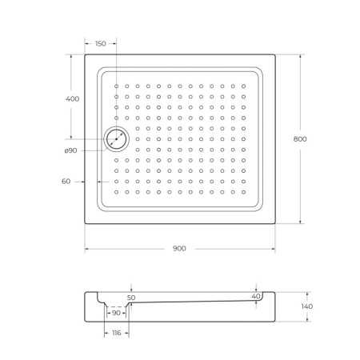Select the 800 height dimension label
tap(300, 139)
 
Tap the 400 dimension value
tap(72, 98)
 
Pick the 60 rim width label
tap(67, 182)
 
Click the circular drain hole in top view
tap(117, 139)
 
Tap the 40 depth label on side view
tap(256, 296)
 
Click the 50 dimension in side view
tap(131, 298)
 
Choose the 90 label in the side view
tap(116, 313)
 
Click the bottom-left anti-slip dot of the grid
tap(117, 191)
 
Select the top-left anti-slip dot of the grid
tap(117, 86)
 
